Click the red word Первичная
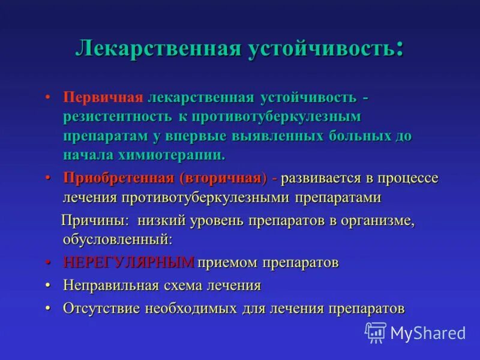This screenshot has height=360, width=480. [x=103, y=98]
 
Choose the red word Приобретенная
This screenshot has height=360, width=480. [x=118, y=178]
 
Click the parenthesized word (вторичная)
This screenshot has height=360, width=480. [x=222, y=178]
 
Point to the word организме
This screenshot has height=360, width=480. [x=378, y=220]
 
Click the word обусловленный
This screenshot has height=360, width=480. [x=117, y=239]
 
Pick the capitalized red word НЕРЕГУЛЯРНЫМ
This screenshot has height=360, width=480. [x=128, y=263]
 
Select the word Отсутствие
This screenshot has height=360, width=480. [x=101, y=308]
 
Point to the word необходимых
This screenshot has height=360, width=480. [x=191, y=308]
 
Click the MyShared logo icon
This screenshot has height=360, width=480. [x=376, y=332]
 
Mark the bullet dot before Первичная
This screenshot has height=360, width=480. [x=47, y=98]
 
